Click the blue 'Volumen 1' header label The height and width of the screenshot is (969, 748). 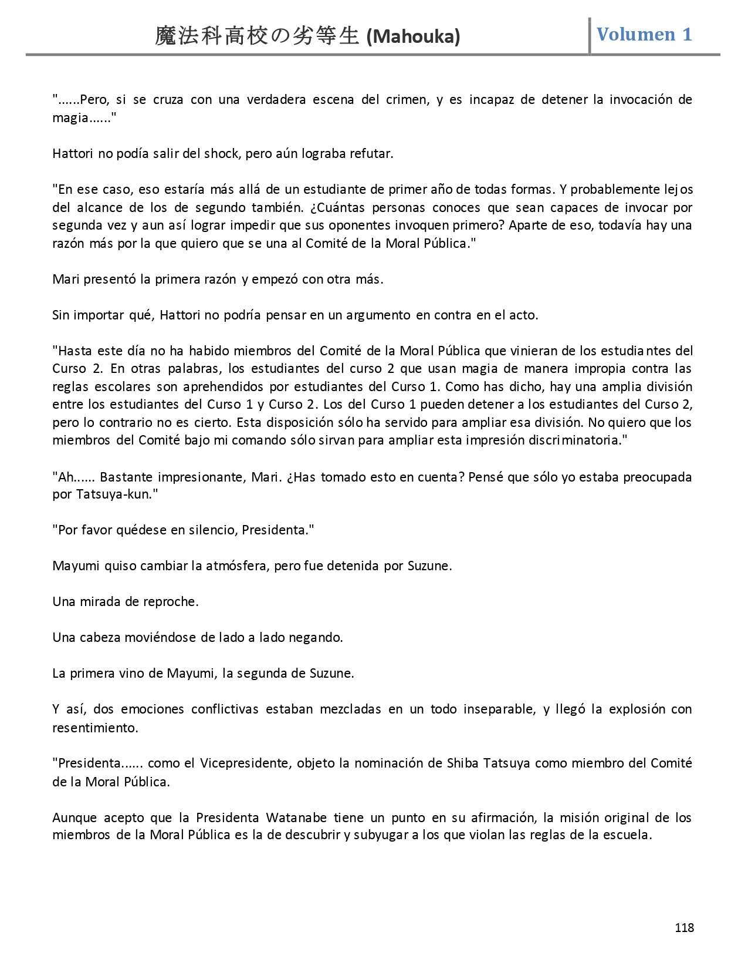pos(644,34)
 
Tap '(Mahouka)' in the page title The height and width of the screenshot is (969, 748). pos(413,37)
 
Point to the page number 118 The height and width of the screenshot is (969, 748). pos(684,927)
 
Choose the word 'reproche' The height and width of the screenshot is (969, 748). pos(171,602)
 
